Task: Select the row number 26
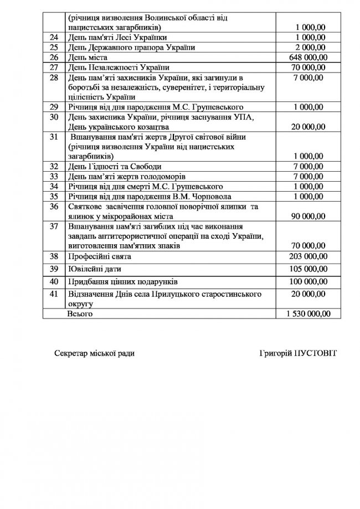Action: (x=54, y=57)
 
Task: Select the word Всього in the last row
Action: (x=79, y=313)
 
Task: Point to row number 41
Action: (x=54, y=294)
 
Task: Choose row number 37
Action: (x=54, y=227)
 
